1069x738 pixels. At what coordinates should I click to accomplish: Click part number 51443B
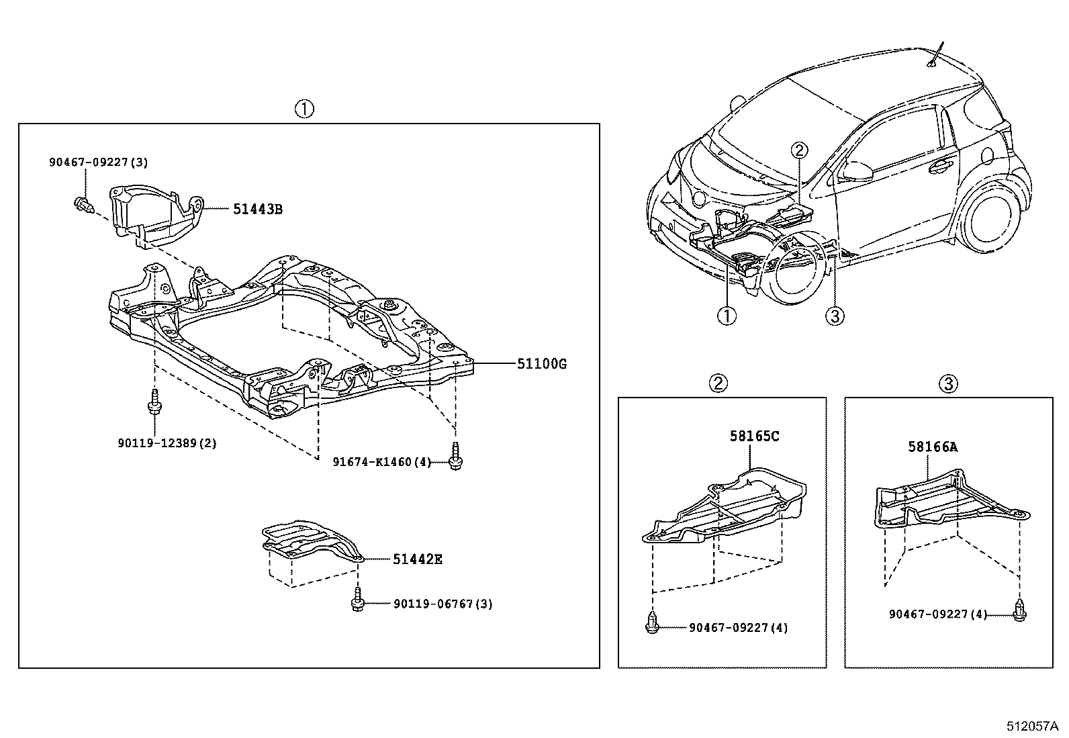click(258, 210)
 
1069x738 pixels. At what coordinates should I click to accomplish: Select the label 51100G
click(542, 364)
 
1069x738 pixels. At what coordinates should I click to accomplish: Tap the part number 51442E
click(418, 559)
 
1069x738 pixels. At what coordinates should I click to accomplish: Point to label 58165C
click(755, 436)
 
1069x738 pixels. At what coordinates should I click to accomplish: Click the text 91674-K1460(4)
click(382, 461)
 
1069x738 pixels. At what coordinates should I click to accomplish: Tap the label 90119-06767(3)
click(443, 604)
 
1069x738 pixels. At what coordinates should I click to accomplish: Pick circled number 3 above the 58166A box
click(948, 383)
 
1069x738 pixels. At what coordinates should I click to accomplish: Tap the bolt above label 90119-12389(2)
click(154, 404)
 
